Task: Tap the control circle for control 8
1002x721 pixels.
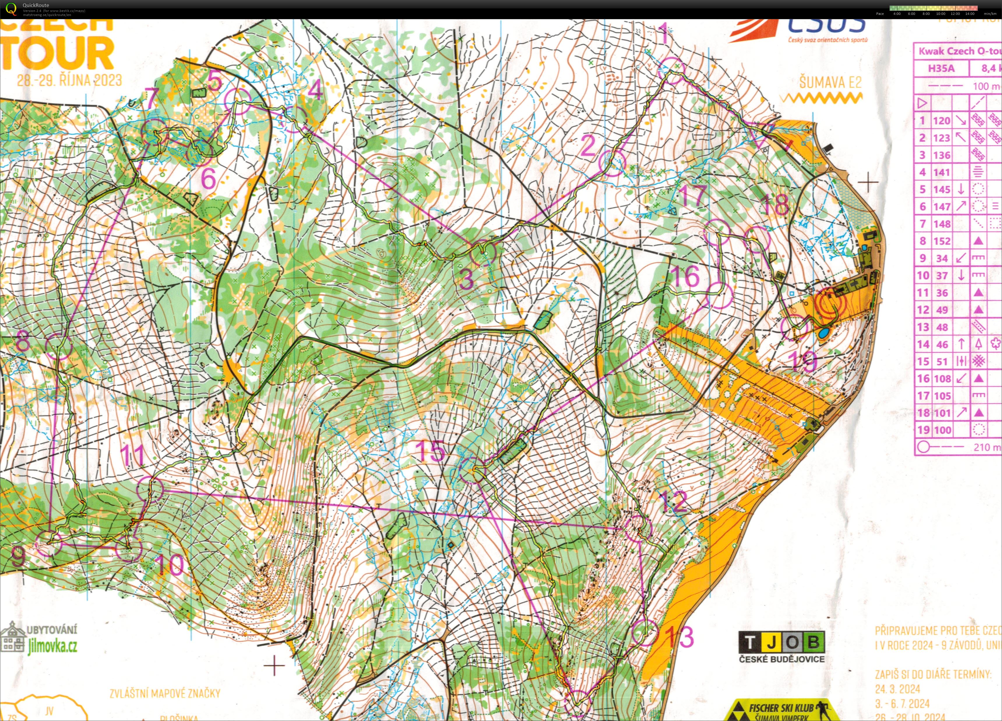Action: click(x=58, y=347)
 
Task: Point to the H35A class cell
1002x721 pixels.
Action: click(x=941, y=68)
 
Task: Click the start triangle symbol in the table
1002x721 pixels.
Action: click(x=922, y=104)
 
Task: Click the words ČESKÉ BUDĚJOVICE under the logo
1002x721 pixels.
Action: click(x=781, y=660)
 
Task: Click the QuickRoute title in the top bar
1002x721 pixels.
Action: click(x=36, y=5)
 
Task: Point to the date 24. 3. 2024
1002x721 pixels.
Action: click(x=897, y=689)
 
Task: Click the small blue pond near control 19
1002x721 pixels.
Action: click(x=823, y=333)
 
